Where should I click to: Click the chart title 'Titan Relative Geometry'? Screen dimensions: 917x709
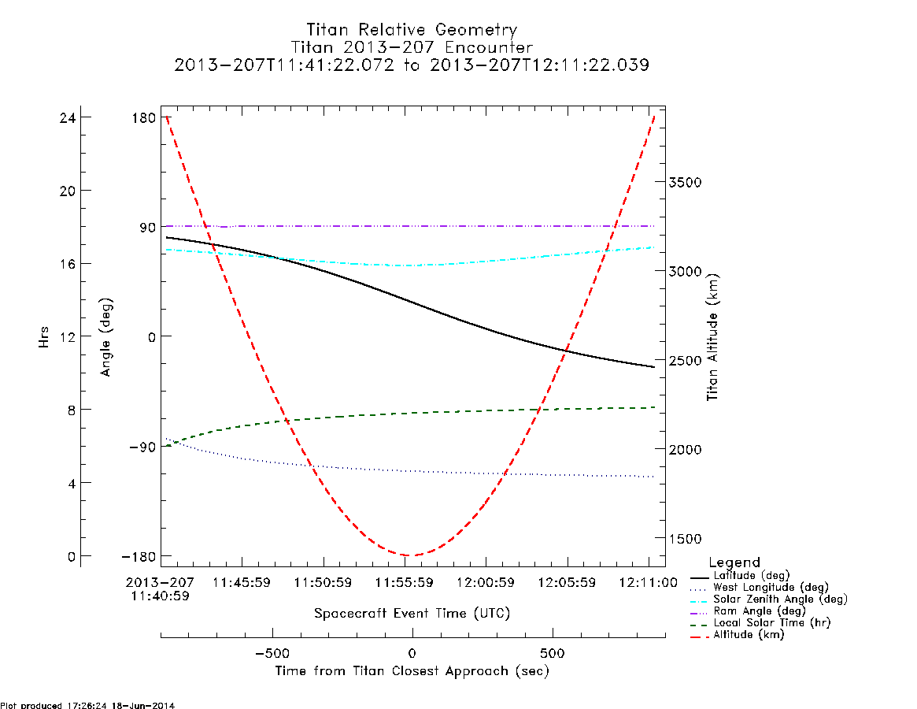click(412, 30)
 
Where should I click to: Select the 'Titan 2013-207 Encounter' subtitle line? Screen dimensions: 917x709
click(412, 47)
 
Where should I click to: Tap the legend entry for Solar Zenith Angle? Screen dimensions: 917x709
click(768, 599)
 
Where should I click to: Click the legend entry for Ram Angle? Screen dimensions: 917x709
click(748, 611)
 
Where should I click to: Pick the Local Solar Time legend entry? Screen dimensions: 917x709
click(760, 623)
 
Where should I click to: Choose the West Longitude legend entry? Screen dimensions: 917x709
click(759, 587)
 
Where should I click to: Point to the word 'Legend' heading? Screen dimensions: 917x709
click(734, 562)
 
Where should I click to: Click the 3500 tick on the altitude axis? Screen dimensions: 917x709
click(685, 182)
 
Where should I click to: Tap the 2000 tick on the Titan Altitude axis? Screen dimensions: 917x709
click(685, 449)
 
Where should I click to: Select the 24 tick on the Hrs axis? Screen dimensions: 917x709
click(68, 117)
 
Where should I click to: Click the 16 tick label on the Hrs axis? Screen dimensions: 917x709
click(68, 264)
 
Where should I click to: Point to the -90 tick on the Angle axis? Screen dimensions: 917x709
click(139, 447)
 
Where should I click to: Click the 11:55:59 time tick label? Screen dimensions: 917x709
click(404, 583)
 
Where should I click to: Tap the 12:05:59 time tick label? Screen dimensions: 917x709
click(567, 583)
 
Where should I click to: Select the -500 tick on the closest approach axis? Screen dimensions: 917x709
click(272, 653)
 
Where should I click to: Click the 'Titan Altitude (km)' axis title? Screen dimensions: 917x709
click(712, 337)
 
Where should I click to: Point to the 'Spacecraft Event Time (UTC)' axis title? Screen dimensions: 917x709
click(412, 614)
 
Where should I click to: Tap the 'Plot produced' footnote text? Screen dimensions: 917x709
click(87, 705)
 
